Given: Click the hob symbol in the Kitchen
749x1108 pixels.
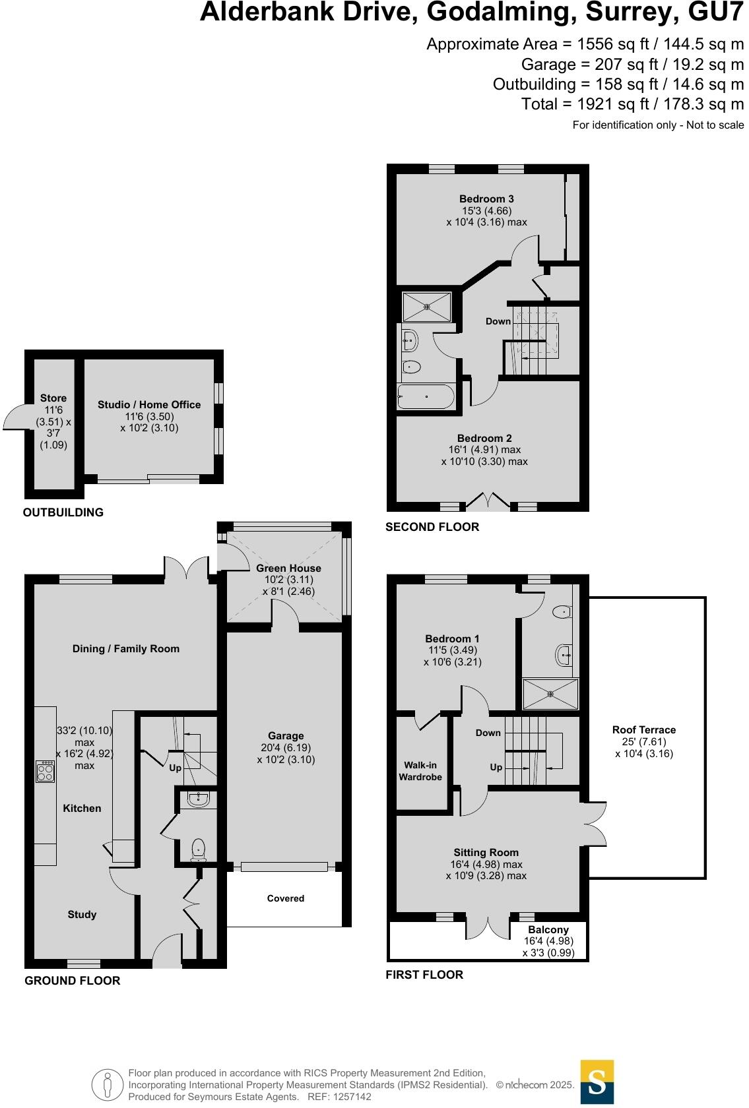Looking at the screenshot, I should point(46,771).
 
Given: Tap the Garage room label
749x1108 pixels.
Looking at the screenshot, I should point(286,735).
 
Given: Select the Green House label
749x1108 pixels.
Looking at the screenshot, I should point(288,568).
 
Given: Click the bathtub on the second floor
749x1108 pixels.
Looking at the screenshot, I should point(426,397).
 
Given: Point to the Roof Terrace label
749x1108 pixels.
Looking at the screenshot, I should point(643,729).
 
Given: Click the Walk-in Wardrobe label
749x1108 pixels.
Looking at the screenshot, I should point(420,771).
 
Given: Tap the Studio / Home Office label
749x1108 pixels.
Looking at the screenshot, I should point(149,404).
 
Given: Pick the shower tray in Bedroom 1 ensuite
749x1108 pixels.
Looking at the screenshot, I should point(550,694).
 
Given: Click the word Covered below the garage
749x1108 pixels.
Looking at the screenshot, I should point(286,898).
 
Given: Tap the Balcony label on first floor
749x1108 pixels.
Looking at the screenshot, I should point(548,929).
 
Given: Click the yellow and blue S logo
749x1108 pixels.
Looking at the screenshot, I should point(597,1082).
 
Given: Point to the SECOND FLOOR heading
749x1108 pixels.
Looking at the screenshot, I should point(432,527).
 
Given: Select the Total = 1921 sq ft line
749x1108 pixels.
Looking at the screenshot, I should point(632,104).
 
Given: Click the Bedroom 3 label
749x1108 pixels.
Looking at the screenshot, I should point(486,199).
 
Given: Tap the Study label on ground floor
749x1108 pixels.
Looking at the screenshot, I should point(82,914).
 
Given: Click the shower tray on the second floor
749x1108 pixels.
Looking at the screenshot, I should point(427,307).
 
